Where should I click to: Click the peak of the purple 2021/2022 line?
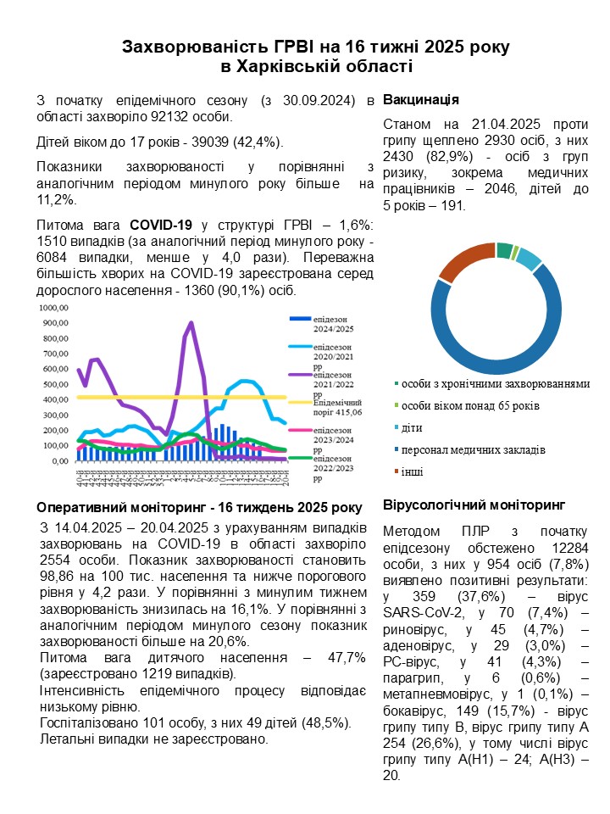click(191, 322)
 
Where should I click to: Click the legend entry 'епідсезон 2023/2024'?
click(337, 435)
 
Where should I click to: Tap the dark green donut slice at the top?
click(505, 250)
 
